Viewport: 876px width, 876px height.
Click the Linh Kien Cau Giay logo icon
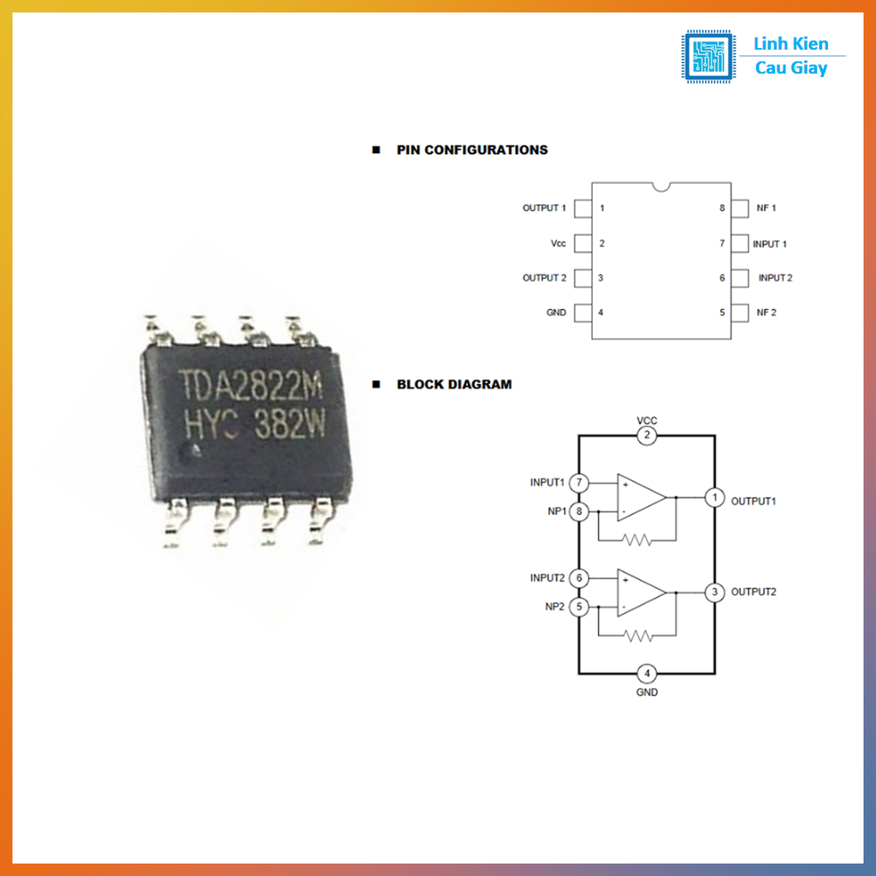[707, 56]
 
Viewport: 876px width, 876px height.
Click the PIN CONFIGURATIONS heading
[471, 150]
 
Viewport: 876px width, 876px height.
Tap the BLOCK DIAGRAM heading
[453, 385]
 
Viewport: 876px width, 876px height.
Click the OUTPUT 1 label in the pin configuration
[544, 208]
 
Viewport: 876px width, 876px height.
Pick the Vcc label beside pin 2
[558, 244]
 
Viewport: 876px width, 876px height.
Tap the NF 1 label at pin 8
[766, 208]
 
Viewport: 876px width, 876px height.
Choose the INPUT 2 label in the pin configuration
[775, 278]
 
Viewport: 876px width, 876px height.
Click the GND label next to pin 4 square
[556, 312]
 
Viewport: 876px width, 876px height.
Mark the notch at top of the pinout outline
[660, 186]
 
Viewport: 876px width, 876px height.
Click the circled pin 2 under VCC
[648, 436]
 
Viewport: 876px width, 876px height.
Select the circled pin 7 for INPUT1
[580, 482]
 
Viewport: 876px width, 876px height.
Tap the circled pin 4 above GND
[648, 672]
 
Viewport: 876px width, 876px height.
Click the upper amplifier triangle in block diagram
[640, 497]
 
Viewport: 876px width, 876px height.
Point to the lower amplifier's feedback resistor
[637, 636]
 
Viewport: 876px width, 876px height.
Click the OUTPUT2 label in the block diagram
[754, 592]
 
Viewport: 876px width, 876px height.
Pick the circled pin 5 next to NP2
[580, 607]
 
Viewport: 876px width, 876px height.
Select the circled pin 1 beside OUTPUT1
[714, 497]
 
